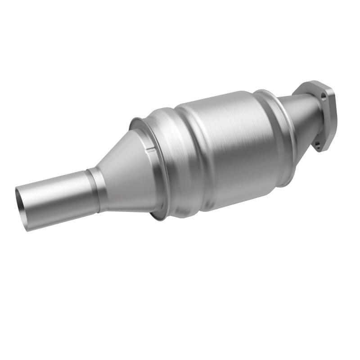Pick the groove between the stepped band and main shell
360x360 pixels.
coord(182,153)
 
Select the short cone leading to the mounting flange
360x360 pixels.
coord(301,117)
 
